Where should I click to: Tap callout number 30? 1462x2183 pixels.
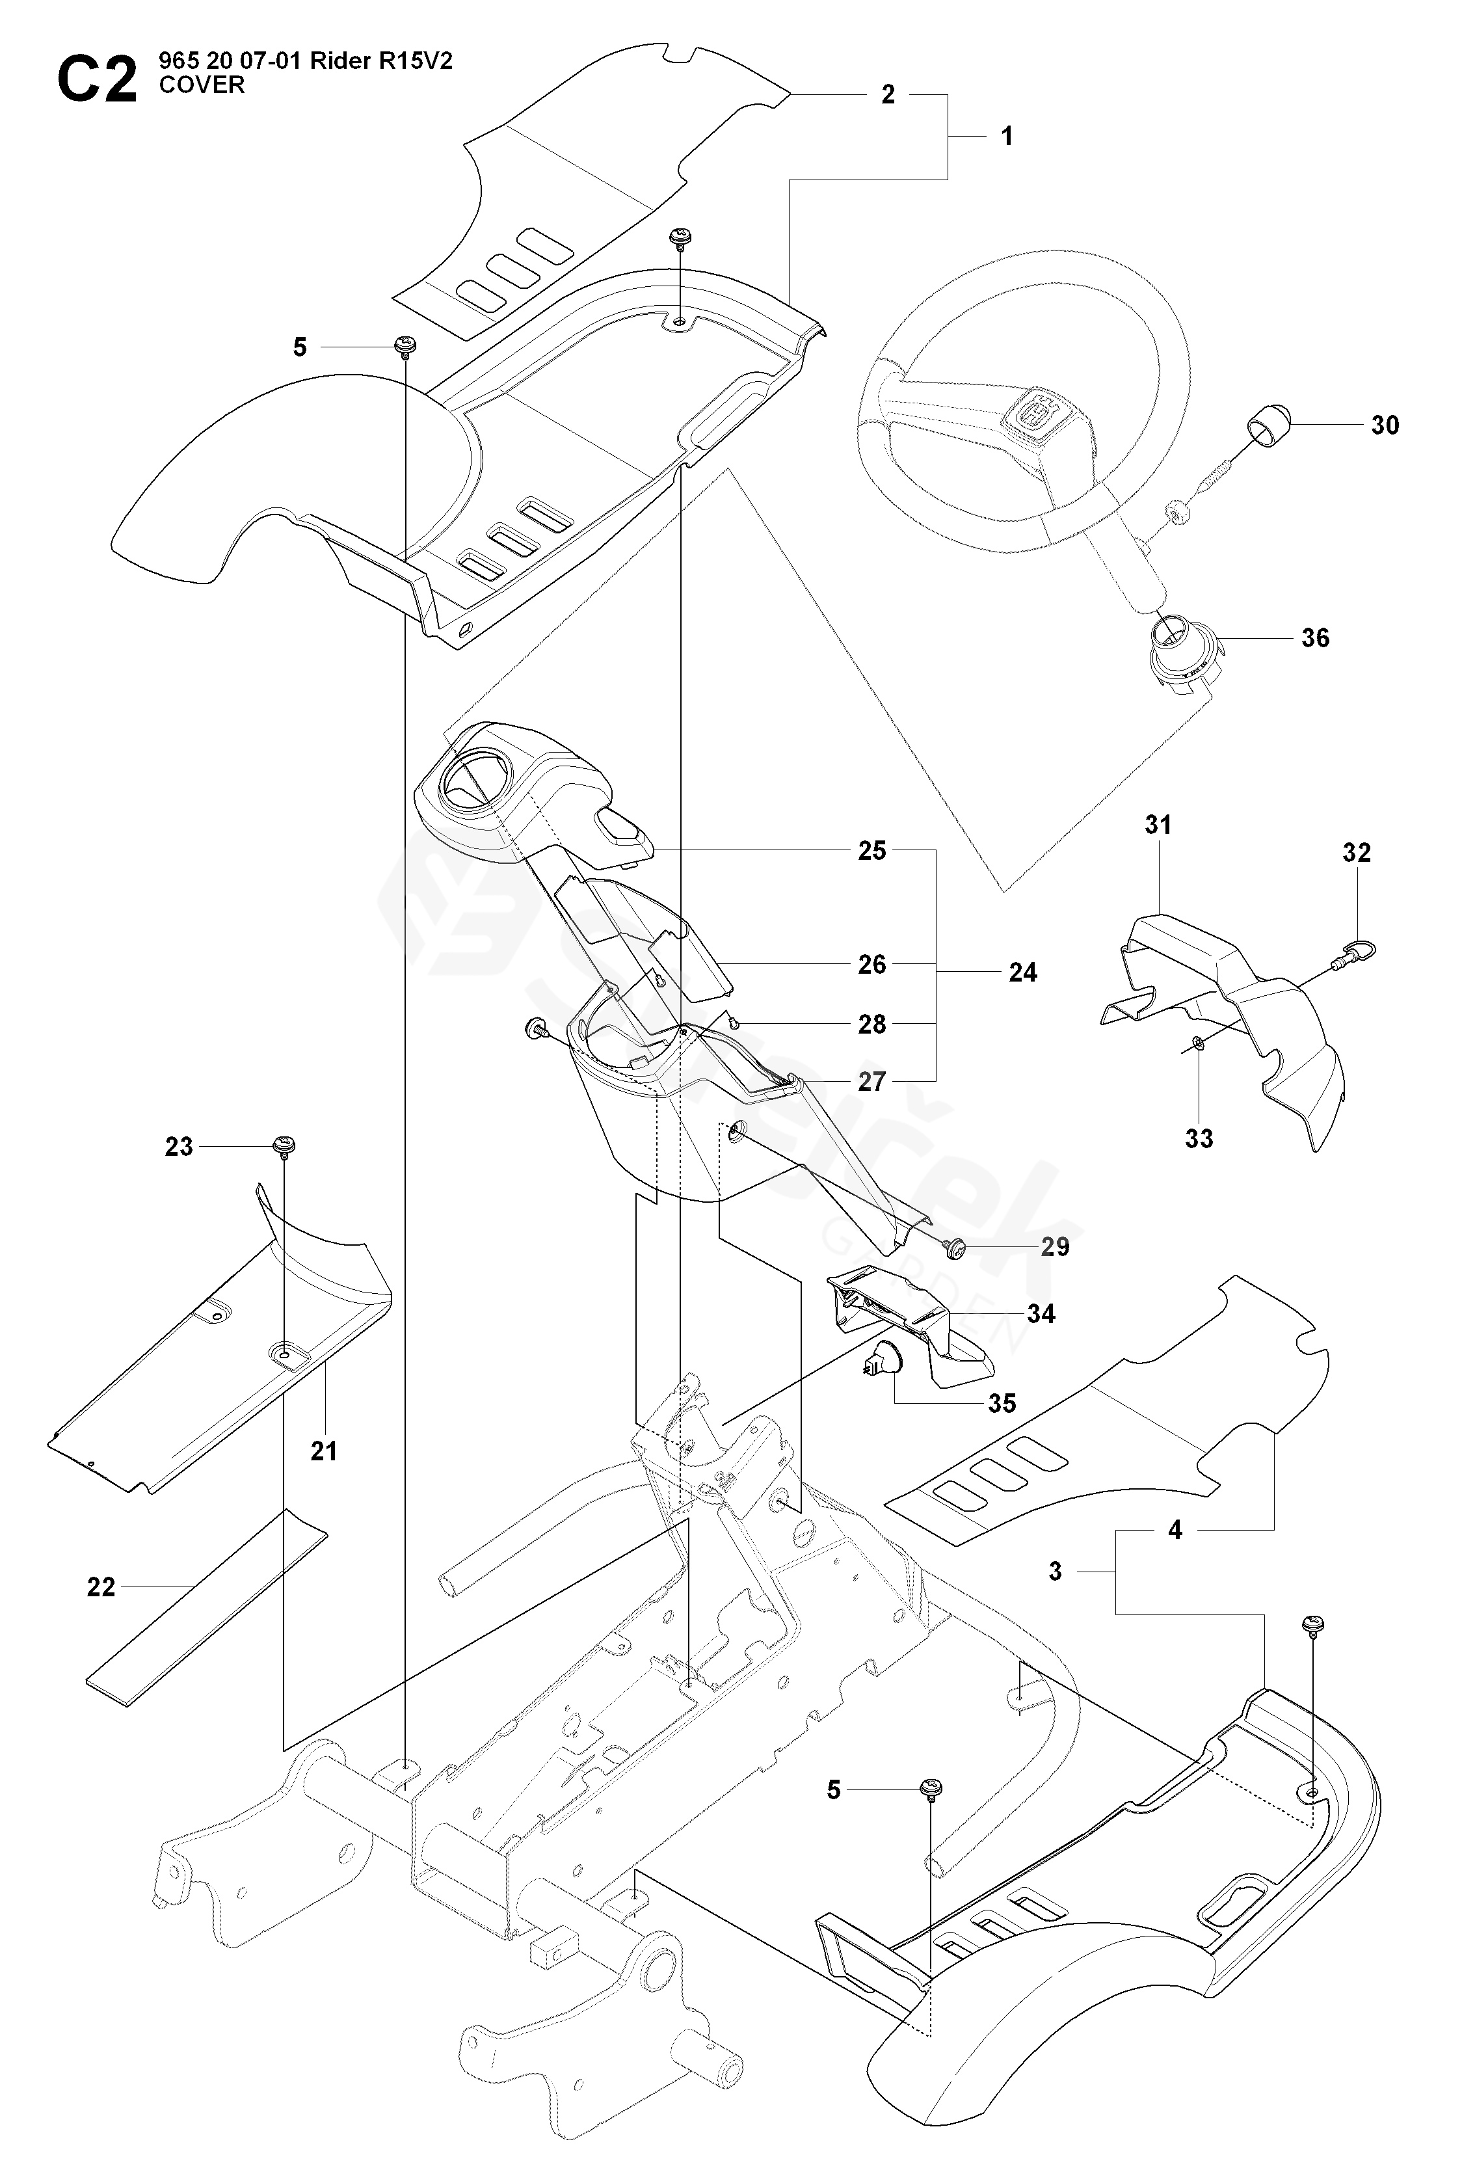(x=1385, y=425)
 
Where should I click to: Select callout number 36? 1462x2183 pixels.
(x=1314, y=638)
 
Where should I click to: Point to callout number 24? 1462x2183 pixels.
(x=1023, y=972)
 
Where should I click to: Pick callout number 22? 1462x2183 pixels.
(x=101, y=1587)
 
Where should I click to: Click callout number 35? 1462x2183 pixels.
(x=1002, y=1404)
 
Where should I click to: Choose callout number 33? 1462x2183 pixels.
(x=1199, y=1138)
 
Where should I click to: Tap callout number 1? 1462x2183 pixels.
(x=1007, y=136)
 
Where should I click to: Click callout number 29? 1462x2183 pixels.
(x=1054, y=1247)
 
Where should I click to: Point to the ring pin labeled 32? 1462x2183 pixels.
(x=1357, y=952)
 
